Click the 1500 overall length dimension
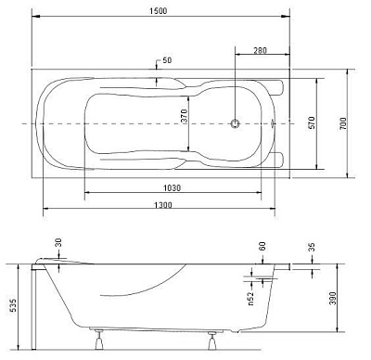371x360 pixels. coord(158,11)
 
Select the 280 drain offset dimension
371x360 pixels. coord(260,50)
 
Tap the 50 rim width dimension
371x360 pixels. coord(167,60)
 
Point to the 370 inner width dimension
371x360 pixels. coord(185,116)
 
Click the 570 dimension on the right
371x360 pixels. coord(312,122)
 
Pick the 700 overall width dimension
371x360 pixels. coord(343,123)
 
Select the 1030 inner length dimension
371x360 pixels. coord(172,187)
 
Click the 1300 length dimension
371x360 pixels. coord(163,204)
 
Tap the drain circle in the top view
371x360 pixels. coord(236,123)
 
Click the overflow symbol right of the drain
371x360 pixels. coord(273,123)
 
